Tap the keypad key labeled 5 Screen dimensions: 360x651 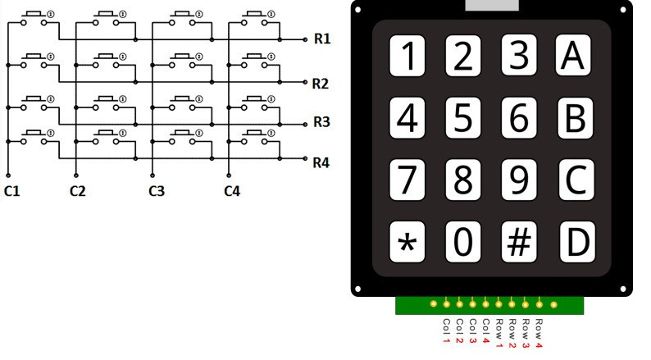464,118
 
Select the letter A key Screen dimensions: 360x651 575,56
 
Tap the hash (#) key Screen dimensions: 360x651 520,241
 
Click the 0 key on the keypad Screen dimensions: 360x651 464,241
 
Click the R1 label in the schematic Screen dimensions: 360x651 321,39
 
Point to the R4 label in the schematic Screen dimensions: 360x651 321,162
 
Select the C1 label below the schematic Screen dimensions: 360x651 11,192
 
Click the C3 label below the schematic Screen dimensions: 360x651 157,192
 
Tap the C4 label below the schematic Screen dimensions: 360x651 232,192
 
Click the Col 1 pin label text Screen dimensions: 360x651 447,330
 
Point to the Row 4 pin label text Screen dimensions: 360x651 539,332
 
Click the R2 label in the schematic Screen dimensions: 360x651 321,84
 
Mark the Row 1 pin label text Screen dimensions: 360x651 499,332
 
